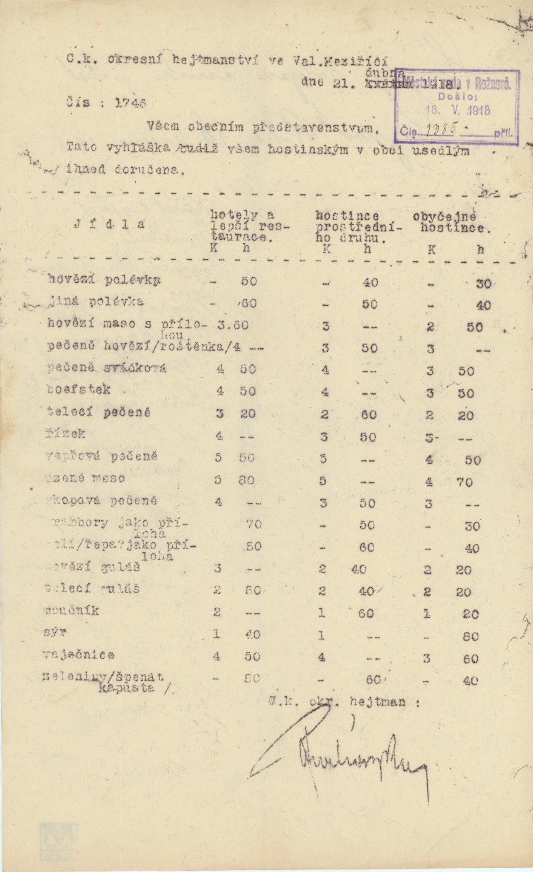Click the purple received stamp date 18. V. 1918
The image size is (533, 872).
coord(458,111)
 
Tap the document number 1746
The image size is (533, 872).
coord(131,103)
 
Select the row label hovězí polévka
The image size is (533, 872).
coord(104,280)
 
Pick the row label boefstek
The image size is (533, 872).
coord(79,390)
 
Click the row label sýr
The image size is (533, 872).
coord(55,633)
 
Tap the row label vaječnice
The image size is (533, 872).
coord(79,655)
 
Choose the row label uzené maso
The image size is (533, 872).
coord(85,479)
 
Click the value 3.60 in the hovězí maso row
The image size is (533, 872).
coord(233,326)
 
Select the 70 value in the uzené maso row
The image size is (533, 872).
coord(465,482)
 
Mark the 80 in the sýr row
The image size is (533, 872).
coord(471,637)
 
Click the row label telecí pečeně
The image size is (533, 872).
coord(99,412)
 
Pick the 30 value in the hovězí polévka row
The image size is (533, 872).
coord(484,284)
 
